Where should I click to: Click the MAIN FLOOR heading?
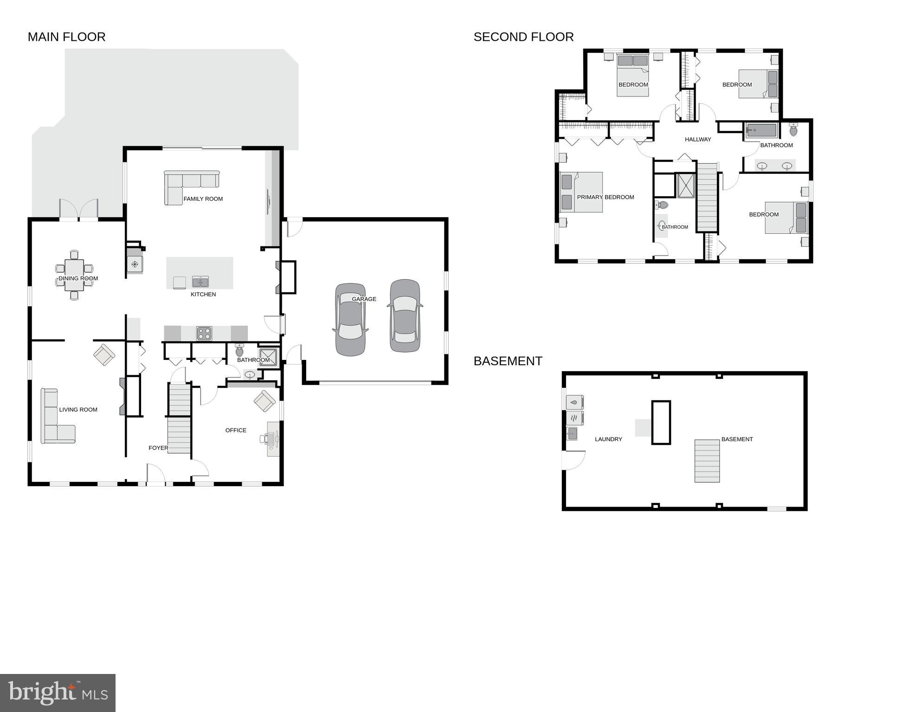tap(66, 37)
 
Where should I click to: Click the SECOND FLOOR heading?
tap(523, 37)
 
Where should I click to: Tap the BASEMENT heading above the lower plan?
tap(508, 361)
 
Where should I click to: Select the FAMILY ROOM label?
tap(203, 199)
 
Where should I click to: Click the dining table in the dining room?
tap(74, 275)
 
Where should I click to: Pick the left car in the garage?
tap(350, 320)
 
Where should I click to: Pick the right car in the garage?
tap(405, 315)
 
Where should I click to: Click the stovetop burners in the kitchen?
tap(204, 333)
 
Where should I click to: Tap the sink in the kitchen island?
tap(200, 282)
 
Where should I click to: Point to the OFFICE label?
tap(236, 430)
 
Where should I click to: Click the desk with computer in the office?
tap(273, 439)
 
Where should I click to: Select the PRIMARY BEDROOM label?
tap(605, 197)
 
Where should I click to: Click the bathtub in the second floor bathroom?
tap(761, 130)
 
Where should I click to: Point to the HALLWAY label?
tap(697, 139)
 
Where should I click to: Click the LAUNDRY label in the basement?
tap(608, 439)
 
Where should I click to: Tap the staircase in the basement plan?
tap(707, 461)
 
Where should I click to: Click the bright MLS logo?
tap(58, 693)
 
